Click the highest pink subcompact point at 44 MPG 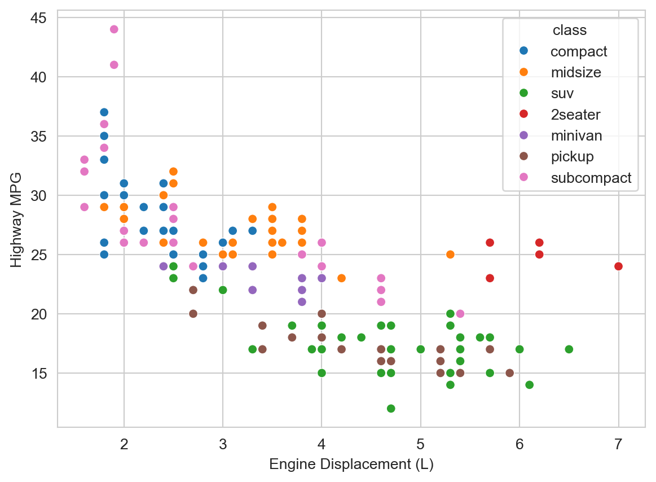pyautogui.click(x=114, y=29)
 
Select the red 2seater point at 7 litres pyautogui.click(x=618, y=266)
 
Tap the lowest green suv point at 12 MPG pyautogui.click(x=391, y=409)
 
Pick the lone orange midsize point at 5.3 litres pyautogui.click(x=450, y=255)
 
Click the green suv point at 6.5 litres pyautogui.click(x=569, y=349)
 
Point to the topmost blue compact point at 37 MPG pyautogui.click(x=104, y=112)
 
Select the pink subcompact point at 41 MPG pyautogui.click(x=114, y=65)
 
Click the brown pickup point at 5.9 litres pyautogui.click(x=509, y=373)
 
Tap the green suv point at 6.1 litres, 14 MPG pyautogui.click(x=529, y=385)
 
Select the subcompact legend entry pyautogui.click(x=591, y=178)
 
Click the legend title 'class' pyautogui.click(x=569, y=30)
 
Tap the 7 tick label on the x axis pyautogui.click(x=618, y=444)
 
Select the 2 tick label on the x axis pyautogui.click(x=124, y=444)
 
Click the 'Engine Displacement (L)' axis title pyautogui.click(x=351, y=465)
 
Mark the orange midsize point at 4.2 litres pyautogui.click(x=341, y=278)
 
